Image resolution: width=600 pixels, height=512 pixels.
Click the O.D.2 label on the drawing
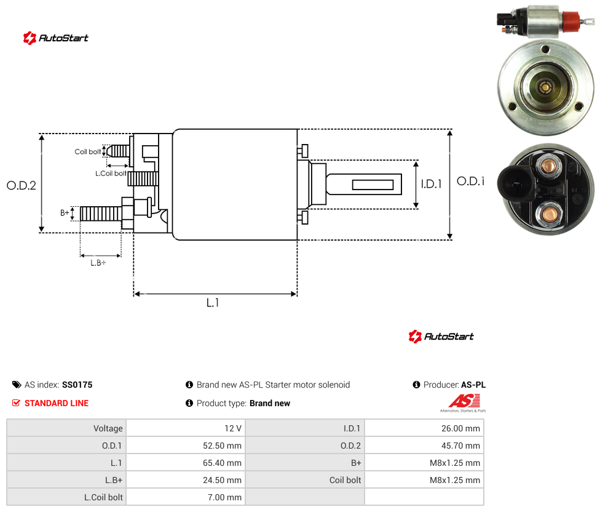(22, 185)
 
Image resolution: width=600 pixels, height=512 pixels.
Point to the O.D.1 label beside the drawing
(471, 181)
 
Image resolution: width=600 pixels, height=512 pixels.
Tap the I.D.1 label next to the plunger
(432, 184)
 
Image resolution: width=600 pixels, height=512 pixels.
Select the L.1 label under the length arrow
(213, 303)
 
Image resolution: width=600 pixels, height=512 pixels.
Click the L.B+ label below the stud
(98, 263)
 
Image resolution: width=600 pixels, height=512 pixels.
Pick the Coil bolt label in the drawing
(88, 151)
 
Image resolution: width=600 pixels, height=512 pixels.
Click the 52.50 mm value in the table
(222, 446)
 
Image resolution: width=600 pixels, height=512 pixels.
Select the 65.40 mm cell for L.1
(222, 463)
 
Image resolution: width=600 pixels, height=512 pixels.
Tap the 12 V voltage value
(232, 428)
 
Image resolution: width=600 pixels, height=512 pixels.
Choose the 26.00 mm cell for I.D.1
(460, 428)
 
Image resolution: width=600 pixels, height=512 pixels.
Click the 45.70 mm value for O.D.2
(460, 446)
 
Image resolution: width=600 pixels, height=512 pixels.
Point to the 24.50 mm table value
(222, 480)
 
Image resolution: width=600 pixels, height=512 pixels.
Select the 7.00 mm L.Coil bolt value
(224, 497)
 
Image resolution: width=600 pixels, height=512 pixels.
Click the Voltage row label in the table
(108, 428)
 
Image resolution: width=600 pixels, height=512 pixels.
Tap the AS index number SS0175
(77, 385)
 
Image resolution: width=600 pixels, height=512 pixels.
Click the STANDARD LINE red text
(57, 403)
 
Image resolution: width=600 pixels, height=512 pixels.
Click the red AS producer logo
(464, 401)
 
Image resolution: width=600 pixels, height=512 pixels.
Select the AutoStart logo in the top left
(56, 38)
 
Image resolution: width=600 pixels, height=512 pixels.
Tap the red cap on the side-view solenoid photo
(570, 21)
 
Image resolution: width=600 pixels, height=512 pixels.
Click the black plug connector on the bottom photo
(515, 184)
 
